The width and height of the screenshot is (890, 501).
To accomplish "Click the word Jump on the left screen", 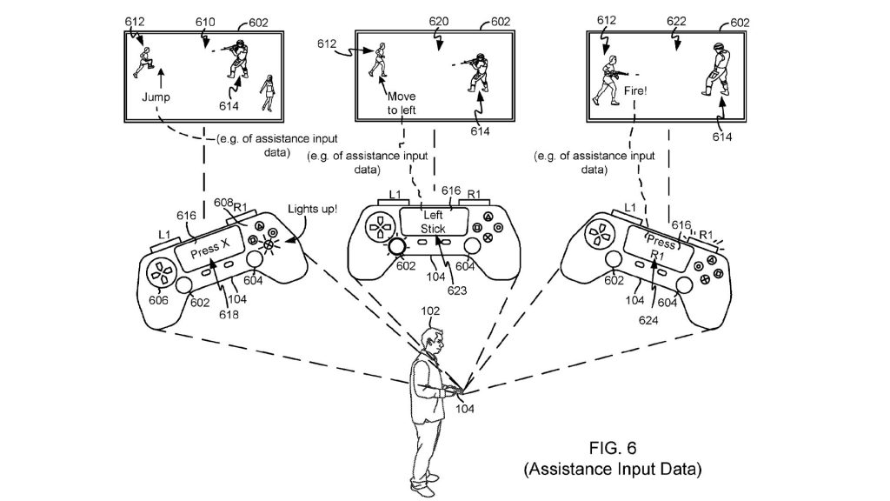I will pyautogui.click(x=156, y=98).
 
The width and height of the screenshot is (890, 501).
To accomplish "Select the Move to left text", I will pyautogui.click(x=402, y=103).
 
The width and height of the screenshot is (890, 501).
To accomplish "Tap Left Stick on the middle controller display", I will pyautogui.click(x=433, y=222).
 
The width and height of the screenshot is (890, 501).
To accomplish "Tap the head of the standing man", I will pyautogui.click(x=433, y=337).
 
